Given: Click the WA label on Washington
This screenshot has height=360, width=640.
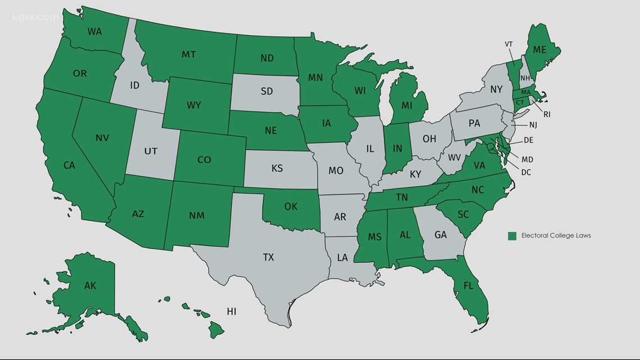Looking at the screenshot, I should point(95,31).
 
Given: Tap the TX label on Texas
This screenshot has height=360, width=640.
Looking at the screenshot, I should point(268,257).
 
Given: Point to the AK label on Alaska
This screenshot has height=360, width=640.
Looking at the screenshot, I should point(90,285).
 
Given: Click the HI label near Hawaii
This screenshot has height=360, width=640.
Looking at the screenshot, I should point(231,311).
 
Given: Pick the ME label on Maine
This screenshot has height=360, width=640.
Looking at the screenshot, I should point(539,49).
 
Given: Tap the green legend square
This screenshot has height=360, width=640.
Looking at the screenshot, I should point(512,236).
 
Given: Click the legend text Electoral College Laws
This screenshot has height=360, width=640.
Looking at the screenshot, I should point(556,236).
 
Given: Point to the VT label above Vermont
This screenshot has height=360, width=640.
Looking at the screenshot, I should point(509,44).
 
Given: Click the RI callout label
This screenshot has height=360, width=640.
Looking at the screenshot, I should point(546,114).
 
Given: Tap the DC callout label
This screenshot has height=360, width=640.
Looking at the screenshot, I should point(525,172).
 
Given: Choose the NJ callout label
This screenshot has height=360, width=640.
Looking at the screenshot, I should point(533,125).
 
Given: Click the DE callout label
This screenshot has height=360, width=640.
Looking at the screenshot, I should point(528,140).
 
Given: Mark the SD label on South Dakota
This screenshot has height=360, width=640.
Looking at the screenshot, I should point(267,91).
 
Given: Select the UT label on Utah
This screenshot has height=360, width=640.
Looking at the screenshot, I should point(150,151).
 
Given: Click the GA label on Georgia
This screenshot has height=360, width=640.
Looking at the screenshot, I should point(441,235).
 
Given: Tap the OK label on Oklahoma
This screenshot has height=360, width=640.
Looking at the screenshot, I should point(290,206).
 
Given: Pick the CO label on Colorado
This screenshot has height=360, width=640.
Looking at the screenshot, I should point(204,160).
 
